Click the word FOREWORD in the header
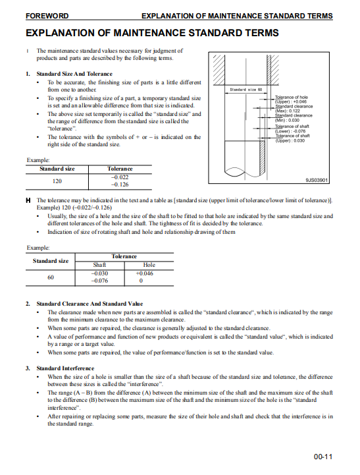(x=47, y=16)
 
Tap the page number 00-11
(x=322, y=457)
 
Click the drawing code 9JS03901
(x=317, y=180)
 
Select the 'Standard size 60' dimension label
(x=246, y=90)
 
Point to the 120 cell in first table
(x=57, y=181)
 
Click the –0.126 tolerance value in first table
(x=120, y=184)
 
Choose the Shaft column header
(x=99, y=265)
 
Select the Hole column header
(x=149, y=265)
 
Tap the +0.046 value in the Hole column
(x=145, y=273)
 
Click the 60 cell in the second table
(x=51, y=277)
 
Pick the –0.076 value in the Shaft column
(x=99, y=281)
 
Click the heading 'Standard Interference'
(x=65, y=368)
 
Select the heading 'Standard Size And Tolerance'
(x=74, y=74)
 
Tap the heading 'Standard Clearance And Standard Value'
(x=90, y=304)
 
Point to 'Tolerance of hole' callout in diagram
(x=292, y=98)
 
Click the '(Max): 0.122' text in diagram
(x=288, y=111)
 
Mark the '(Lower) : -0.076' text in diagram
(x=290, y=131)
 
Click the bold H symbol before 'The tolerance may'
(x=28, y=200)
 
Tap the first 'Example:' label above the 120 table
(x=38, y=160)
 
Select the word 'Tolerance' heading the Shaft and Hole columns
(x=124, y=256)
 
